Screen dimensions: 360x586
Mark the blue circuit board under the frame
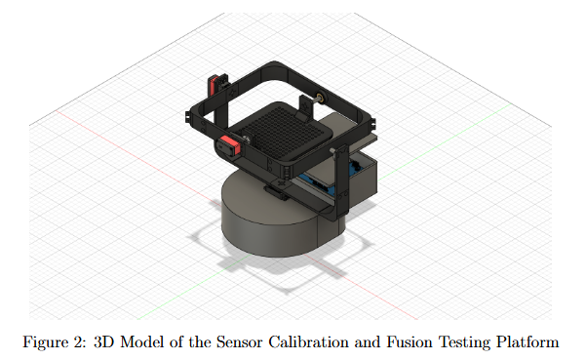click(x=322, y=182)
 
